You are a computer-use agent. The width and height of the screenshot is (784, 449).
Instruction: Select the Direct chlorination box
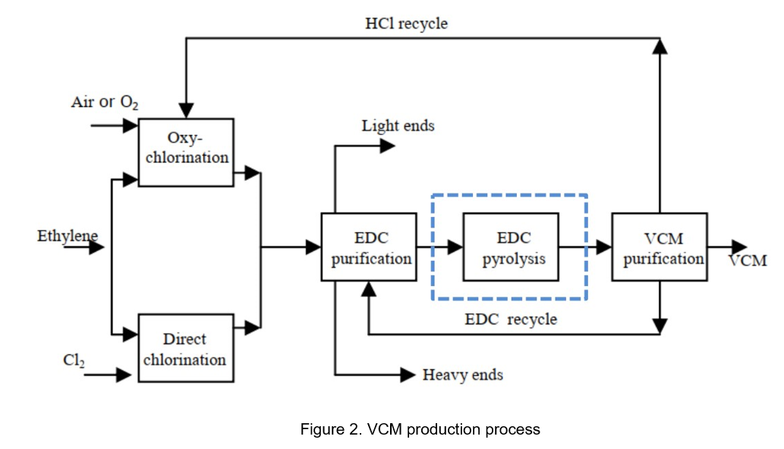[185, 348]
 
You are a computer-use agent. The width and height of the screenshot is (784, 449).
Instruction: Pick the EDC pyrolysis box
[511, 247]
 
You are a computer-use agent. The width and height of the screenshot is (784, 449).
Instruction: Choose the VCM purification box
[659, 247]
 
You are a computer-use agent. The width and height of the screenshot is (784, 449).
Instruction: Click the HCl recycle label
[406, 24]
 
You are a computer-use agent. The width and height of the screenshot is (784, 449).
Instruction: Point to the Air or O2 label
[105, 102]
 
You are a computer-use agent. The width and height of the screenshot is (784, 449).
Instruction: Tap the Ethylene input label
[67, 236]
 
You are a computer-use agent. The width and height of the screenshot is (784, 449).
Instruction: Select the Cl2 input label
[74, 361]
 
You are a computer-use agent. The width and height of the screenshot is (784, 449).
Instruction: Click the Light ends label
[398, 126]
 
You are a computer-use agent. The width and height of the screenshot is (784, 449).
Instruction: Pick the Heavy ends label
[463, 375]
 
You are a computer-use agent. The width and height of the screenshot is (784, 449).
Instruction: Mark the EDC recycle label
[511, 319]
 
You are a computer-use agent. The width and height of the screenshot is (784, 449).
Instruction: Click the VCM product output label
[747, 261]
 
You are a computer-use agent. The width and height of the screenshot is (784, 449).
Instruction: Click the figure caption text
[420, 429]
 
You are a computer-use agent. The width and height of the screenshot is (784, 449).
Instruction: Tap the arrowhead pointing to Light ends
[387, 146]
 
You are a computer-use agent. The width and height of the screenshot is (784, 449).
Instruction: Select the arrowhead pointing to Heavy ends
[407, 374]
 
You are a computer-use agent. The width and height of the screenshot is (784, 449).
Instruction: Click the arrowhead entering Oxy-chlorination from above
[185, 111]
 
